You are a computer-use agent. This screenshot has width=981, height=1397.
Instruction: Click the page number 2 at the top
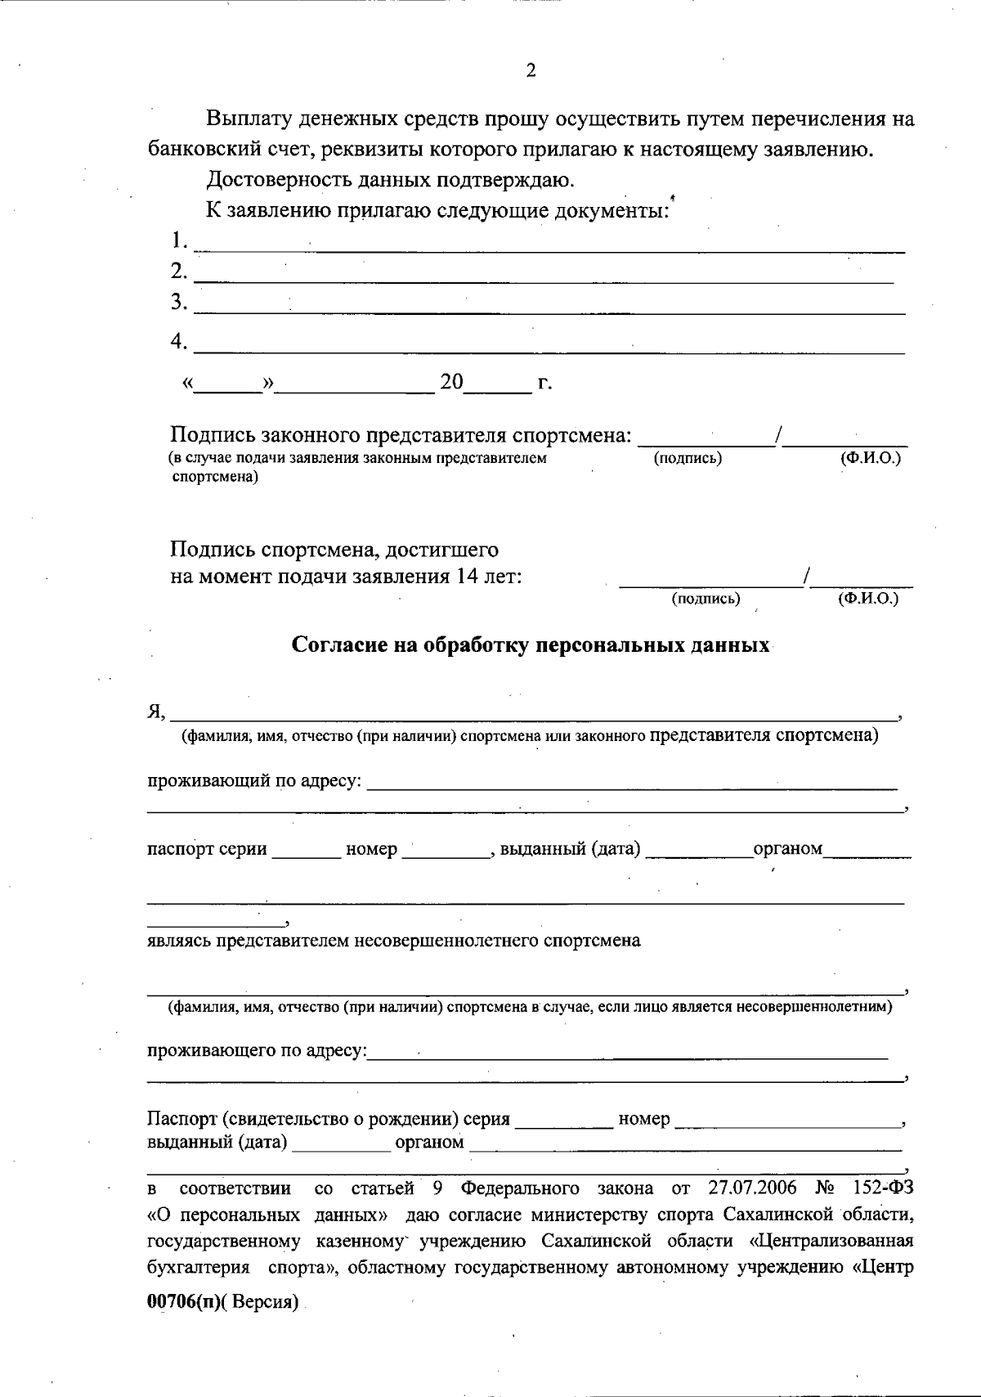tap(531, 70)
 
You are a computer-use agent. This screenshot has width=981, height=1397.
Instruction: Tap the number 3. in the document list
tap(179, 302)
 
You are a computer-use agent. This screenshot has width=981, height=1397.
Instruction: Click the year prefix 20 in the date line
tap(451, 382)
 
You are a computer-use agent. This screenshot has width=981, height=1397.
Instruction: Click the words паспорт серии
tap(207, 849)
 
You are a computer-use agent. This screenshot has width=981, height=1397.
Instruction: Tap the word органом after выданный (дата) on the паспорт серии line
tap(787, 849)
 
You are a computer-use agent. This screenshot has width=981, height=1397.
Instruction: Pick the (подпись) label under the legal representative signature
tap(688, 458)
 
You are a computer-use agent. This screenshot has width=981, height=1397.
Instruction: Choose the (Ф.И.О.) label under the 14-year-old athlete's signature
tap(868, 599)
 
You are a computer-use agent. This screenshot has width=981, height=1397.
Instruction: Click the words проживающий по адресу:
tap(254, 781)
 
